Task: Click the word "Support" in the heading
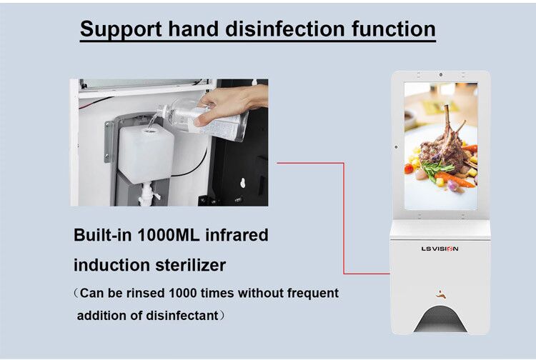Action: (121, 29)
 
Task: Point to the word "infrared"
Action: (237, 235)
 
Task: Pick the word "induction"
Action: (111, 265)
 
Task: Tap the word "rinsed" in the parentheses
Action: (145, 293)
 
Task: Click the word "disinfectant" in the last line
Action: (182, 315)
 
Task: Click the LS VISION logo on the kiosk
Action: (440, 249)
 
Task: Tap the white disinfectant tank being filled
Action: (147, 154)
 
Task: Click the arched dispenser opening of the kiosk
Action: (440, 319)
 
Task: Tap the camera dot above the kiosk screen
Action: (441, 75)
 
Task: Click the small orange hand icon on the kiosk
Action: (442, 294)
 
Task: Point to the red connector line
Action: (344, 219)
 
